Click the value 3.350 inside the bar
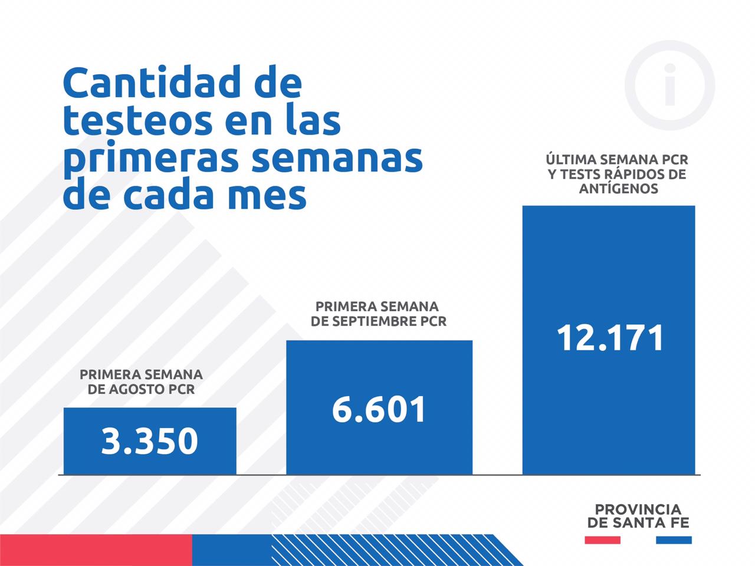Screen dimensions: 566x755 150,441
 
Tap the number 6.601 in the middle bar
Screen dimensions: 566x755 379,409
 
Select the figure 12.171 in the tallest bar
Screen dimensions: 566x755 610,338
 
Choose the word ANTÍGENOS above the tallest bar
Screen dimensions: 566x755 618,189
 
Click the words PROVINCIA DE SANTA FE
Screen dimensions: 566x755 638,516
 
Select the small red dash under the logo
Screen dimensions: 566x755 602,539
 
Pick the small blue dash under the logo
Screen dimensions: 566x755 674,539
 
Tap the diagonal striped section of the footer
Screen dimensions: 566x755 383,550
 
